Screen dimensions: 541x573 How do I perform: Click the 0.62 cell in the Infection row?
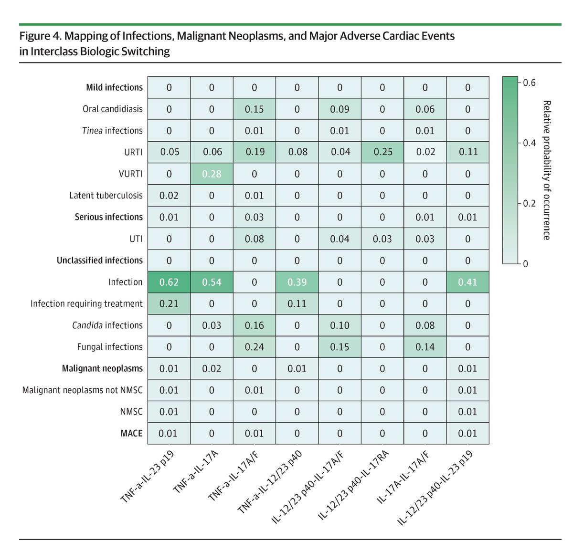pyautogui.click(x=169, y=282)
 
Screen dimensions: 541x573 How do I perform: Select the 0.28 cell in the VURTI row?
pyautogui.click(x=212, y=174)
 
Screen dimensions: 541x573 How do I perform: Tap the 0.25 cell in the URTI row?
pyautogui.click(x=382, y=152)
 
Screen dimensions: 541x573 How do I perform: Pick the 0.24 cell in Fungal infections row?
pyautogui.click(x=254, y=347)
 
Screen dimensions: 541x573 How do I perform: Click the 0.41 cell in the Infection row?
pyautogui.click(x=467, y=282)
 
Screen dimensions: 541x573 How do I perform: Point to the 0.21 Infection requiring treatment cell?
pyautogui.click(x=169, y=303)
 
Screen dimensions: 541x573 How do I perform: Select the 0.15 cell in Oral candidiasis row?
pyautogui.click(x=254, y=109)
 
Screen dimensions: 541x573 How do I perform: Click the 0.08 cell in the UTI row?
pyautogui.click(x=254, y=239)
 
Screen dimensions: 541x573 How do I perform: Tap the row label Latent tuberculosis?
pyautogui.click(x=106, y=195)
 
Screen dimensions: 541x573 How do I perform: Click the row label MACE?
pyautogui.click(x=131, y=433)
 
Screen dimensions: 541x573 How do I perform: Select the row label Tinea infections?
pyautogui.click(x=112, y=130)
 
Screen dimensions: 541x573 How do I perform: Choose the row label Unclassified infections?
pyautogui.click(x=99, y=260)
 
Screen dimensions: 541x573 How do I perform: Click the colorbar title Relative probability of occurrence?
pyautogui.click(x=547, y=170)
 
